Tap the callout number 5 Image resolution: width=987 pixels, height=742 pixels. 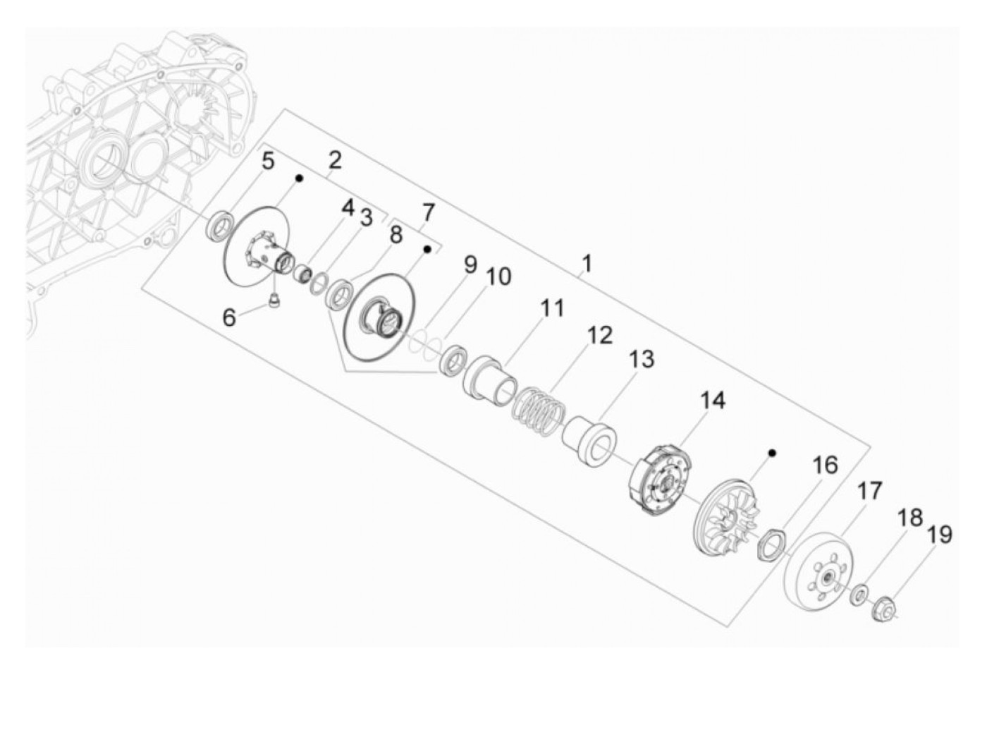[x=267, y=161]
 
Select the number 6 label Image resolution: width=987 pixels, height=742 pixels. [x=229, y=317]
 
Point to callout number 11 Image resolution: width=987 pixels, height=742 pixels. [x=552, y=308]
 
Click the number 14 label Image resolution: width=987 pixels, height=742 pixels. [x=713, y=400]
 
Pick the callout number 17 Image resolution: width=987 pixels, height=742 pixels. [x=870, y=491]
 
